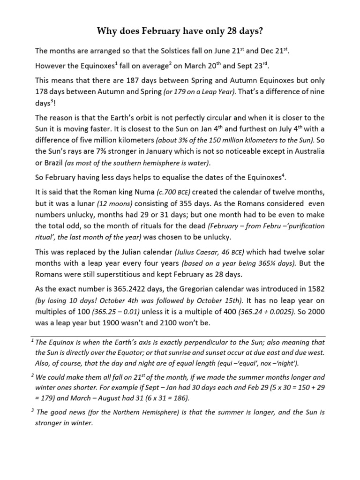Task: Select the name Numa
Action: pos(140,192)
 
